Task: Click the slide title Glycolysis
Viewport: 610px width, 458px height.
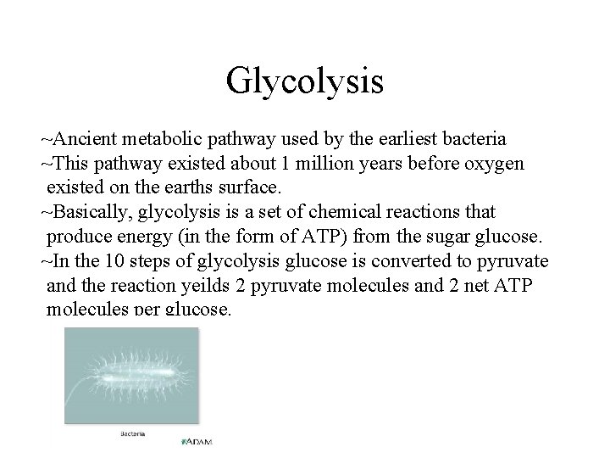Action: [305, 82]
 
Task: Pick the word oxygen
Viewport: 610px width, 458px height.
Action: [495, 164]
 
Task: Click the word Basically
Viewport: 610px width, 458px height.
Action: [88, 210]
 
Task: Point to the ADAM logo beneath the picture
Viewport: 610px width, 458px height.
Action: [197, 441]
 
